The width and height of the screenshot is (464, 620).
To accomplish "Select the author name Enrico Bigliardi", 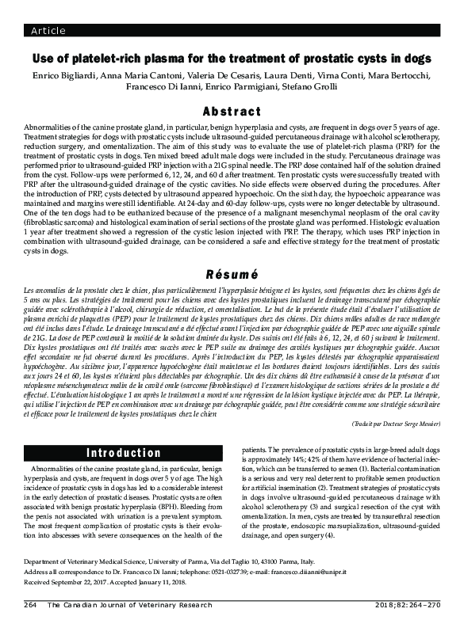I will (x=61, y=76).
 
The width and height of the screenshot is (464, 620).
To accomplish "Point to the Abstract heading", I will (x=231, y=111).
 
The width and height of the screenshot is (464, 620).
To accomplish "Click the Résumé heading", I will (x=232, y=275).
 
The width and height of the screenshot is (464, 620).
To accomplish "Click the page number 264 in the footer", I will (x=31, y=604).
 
